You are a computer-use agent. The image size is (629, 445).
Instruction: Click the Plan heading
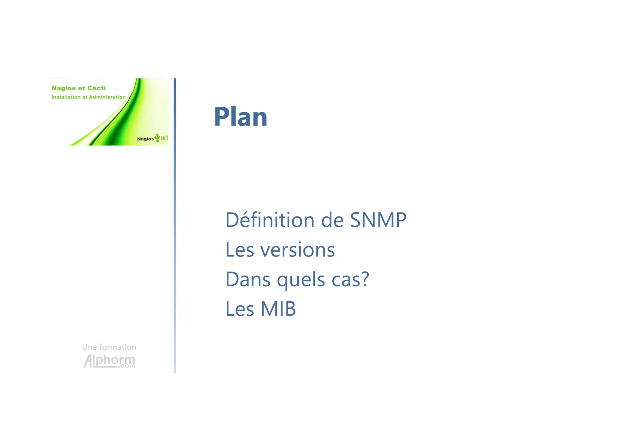pyautogui.click(x=240, y=117)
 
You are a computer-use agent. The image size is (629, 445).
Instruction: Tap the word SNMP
pyautogui.click(x=378, y=220)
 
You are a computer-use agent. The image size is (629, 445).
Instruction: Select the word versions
pyautogui.click(x=297, y=250)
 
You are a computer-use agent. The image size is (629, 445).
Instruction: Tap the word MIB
pyautogui.click(x=278, y=309)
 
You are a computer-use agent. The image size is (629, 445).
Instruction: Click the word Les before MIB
pyautogui.click(x=240, y=309)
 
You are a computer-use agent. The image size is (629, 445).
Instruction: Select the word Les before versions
pyautogui.click(x=240, y=250)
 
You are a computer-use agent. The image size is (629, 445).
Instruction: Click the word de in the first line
pyautogui.click(x=332, y=220)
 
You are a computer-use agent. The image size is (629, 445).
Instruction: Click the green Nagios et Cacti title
pyautogui.click(x=79, y=88)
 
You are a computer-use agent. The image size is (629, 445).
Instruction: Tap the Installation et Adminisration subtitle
pyautogui.click(x=88, y=97)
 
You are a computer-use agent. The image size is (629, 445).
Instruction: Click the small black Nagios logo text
pyautogui.click(x=145, y=139)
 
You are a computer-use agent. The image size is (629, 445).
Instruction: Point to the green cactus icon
pyautogui.click(x=157, y=137)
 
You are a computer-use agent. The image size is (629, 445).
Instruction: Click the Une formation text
pyautogui.click(x=109, y=347)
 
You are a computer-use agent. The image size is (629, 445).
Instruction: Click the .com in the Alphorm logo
pyautogui.click(x=127, y=366)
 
